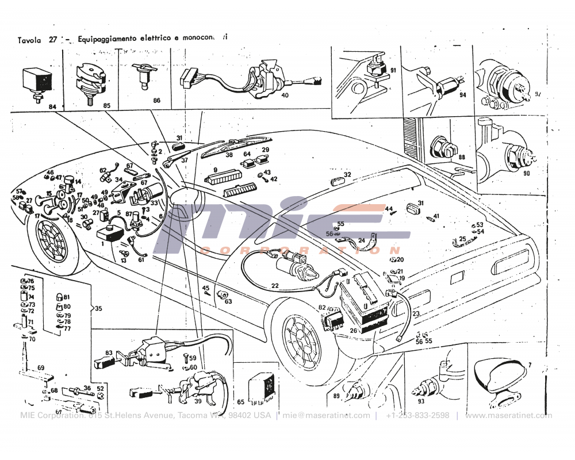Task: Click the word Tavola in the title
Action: coord(29,40)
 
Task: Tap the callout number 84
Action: coord(52,107)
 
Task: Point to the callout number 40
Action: coord(285,95)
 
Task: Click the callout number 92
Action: coord(538,94)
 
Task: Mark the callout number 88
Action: coord(461,157)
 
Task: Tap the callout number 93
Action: coord(421,401)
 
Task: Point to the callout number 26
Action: coord(352,330)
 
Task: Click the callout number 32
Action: coord(347,175)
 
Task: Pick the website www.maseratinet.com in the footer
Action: coord(508,416)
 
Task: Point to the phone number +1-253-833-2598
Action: coord(417,416)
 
